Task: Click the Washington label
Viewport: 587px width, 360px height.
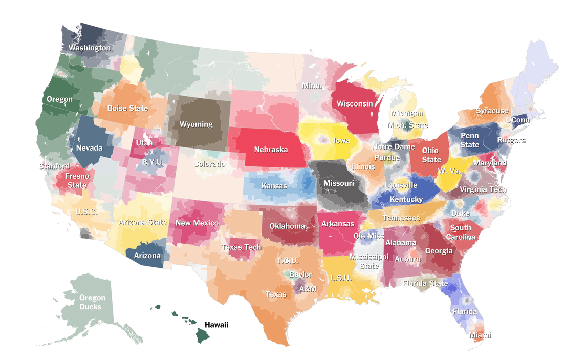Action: coord(90,48)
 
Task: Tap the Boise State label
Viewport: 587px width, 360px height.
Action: coord(127,108)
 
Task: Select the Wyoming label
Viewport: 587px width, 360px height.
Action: coord(196,124)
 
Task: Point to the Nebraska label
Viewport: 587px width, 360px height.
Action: coord(271,150)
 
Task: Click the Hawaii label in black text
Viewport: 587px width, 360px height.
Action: coord(216,325)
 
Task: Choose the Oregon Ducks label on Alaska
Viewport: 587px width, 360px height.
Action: coord(92,302)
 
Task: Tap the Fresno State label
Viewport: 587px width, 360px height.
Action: coord(77,180)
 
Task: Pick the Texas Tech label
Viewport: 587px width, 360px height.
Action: coord(241,247)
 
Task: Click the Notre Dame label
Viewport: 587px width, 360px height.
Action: coord(394,147)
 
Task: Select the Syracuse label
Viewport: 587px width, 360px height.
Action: coord(492,111)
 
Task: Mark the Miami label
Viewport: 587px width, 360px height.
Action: coord(480,335)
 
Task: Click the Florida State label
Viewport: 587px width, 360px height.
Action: coord(425,283)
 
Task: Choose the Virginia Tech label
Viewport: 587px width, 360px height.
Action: coord(483,189)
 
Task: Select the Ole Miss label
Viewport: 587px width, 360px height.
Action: coord(368,236)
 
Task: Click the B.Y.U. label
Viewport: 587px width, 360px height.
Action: coord(152,162)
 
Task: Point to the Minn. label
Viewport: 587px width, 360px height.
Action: coord(312,86)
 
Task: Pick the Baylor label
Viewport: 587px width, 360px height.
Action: coord(300,274)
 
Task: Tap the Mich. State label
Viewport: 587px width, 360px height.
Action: coord(407,124)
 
